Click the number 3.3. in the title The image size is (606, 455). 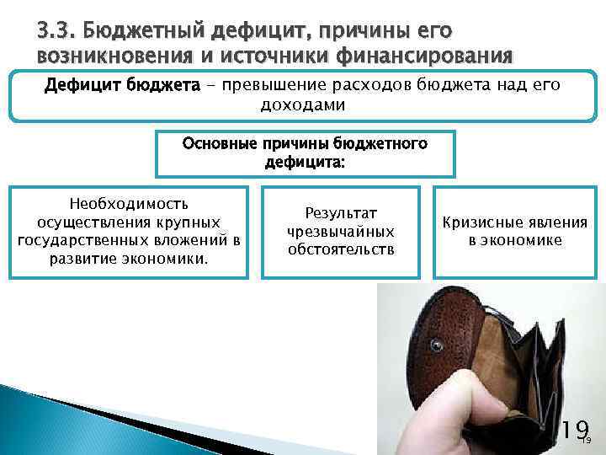(56, 32)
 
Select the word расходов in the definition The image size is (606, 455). (392, 86)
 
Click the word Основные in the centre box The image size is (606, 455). (218, 143)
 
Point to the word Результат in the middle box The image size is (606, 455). (340, 213)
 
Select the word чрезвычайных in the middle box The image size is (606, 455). (340, 231)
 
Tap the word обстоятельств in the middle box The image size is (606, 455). (340, 249)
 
